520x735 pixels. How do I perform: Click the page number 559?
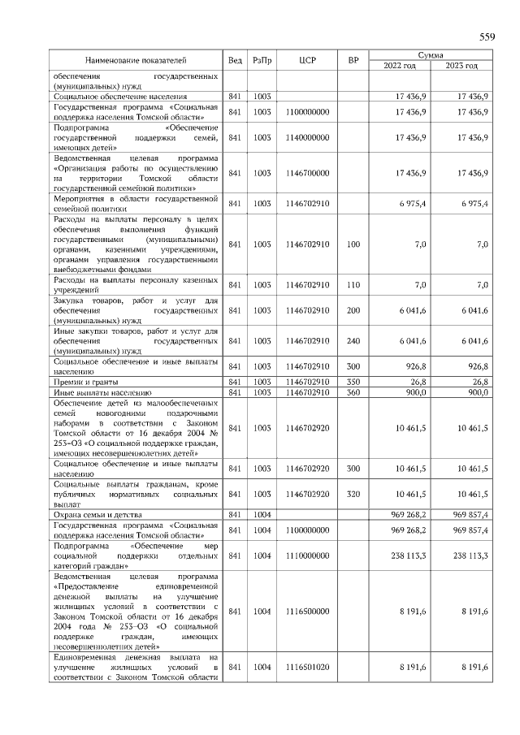tap(487, 37)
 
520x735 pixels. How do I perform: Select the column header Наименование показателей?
tap(136, 60)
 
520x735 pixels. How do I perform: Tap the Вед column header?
tap(235, 60)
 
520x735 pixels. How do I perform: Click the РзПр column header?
tap(262, 60)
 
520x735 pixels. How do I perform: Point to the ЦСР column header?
tap(306, 60)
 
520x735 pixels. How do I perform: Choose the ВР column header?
tap(353, 60)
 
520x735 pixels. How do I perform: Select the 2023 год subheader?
tap(461, 66)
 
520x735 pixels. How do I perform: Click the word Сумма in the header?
tap(431, 54)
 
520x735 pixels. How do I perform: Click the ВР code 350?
tap(353, 381)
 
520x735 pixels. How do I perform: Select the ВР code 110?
tap(353, 285)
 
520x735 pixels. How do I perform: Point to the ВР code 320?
tap(353, 494)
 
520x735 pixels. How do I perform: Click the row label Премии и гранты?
tap(86, 381)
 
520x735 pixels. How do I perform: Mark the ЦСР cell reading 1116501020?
tap(306, 667)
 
